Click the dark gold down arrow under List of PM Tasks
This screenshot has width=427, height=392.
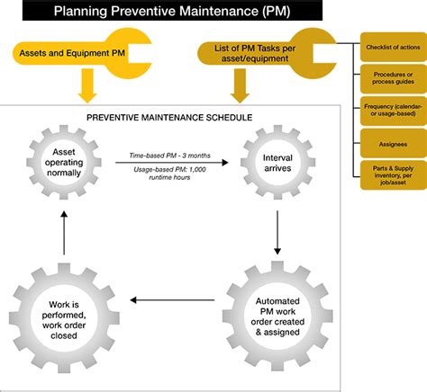coord(241,86)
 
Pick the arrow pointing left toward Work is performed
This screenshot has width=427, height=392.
coord(171,301)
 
